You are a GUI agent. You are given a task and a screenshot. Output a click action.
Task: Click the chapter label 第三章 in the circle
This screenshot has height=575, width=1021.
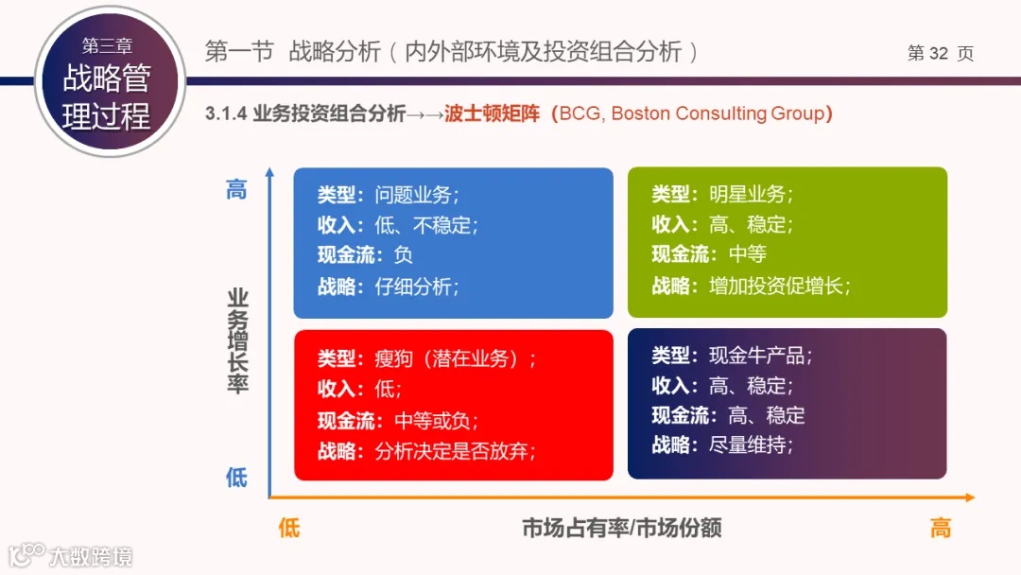coord(107,45)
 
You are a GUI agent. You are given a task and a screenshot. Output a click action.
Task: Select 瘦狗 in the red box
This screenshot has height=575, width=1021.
coord(393,359)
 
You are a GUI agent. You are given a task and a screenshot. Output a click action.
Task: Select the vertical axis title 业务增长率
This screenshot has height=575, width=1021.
coord(237,340)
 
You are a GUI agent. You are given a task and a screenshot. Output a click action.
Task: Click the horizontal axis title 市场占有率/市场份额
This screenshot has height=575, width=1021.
coord(621,528)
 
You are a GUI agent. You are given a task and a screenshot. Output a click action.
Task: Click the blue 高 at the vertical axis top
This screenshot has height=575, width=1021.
coord(236,189)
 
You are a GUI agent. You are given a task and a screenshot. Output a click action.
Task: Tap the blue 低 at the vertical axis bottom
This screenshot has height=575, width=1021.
coord(236,477)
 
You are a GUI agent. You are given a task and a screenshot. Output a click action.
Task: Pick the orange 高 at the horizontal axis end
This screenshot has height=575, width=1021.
coord(940,528)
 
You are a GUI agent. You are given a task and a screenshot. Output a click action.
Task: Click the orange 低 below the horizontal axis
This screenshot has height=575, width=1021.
coord(289,528)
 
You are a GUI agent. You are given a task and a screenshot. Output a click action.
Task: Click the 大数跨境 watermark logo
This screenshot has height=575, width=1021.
coord(71,555)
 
